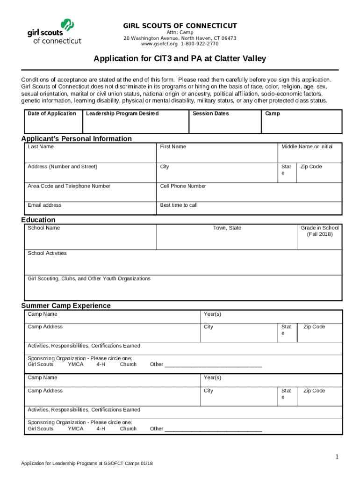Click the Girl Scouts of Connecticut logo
pos(54,32)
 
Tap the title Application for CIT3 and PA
pos(180,59)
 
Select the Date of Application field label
pos(52,114)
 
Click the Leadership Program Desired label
pos(122,114)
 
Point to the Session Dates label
pos(210,114)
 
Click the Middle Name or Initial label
pos(307,147)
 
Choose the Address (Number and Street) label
pos(62,167)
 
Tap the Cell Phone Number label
pos(183,186)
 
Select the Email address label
pos(44,205)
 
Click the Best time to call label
pos(179,205)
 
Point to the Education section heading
pos(38,220)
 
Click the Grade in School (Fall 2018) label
pos(320,231)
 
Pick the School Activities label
pos(47,254)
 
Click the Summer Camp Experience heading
pos(66,305)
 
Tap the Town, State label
pos(227,228)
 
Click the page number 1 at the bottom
pos(336,457)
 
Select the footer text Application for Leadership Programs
pos(87,464)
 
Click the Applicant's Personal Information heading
pos(77,138)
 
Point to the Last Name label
pos(41,147)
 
